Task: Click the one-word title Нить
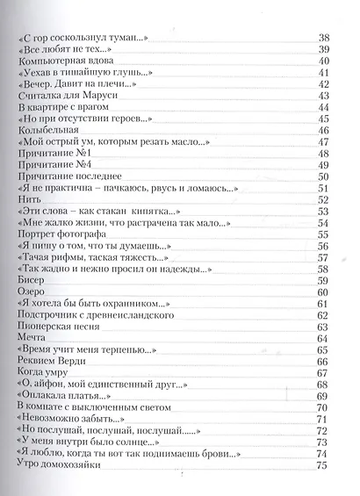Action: point(29,198)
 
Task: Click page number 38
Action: point(322,38)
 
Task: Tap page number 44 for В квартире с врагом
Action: point(322,106)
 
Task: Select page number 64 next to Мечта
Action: point(322,336)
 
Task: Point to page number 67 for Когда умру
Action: point(322,371)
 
